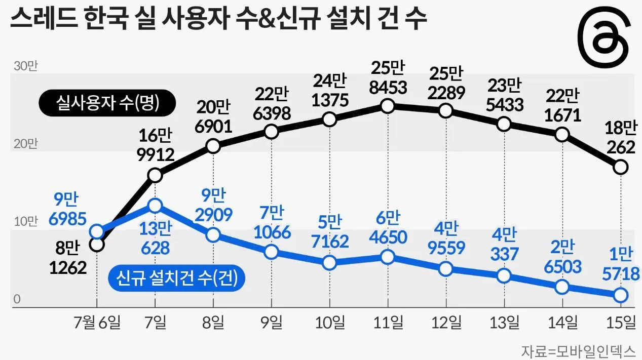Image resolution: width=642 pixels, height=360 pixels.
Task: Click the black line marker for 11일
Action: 388,106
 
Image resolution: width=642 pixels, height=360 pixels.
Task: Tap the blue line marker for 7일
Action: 155,206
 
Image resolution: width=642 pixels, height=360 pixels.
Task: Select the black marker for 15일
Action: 621,166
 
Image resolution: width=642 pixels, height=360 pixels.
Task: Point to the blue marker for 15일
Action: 621,294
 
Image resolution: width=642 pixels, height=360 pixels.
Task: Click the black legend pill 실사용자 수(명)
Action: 107,104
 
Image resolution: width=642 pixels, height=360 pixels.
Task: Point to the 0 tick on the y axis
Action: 17,300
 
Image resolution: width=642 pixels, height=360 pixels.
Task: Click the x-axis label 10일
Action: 330,322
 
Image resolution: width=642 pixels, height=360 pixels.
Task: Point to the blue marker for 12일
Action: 446,268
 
